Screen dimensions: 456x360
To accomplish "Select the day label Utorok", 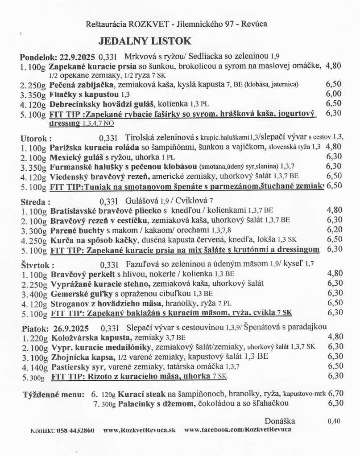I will coord(36,138).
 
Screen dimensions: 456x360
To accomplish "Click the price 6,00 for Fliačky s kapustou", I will coord(334,94).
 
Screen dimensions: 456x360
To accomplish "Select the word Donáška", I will coord(280,421).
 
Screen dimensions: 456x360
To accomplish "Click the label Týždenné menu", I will coord(53,394).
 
